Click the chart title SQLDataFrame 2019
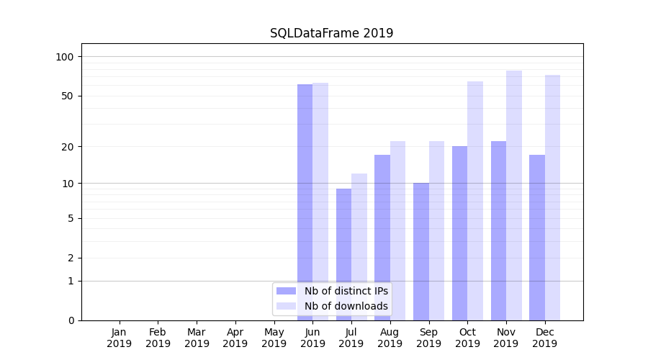point(331,33)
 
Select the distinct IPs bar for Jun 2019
point(305,180)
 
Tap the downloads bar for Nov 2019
point(514,194)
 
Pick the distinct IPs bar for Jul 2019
point(343,238)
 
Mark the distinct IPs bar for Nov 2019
point(498,230)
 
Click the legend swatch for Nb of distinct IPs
point(286,291)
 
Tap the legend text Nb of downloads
point(346,306)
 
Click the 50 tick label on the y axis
point(66,96)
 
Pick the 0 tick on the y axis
point(70,320)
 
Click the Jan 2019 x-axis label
point(120,338)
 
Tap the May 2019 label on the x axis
point(274,338)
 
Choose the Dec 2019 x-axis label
point(545,338)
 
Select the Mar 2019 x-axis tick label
point(197,338)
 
